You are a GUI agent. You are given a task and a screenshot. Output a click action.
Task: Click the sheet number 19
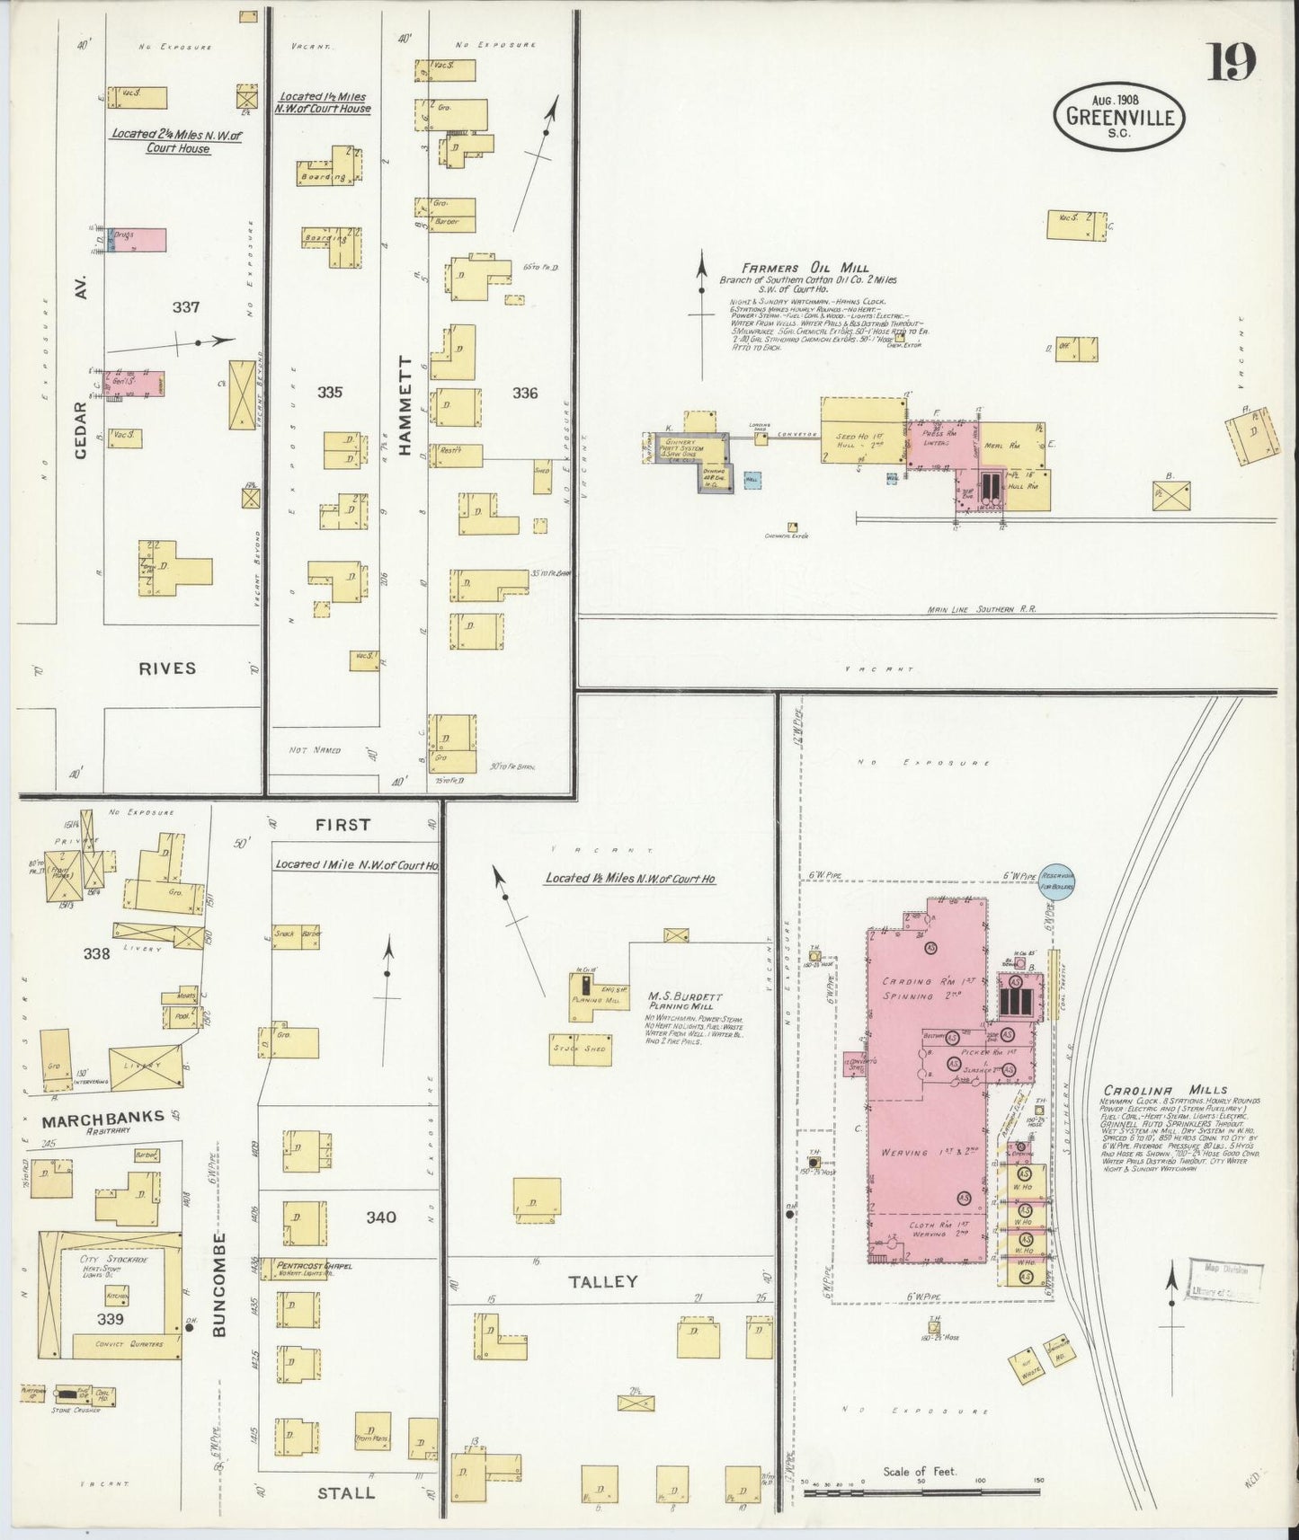click(x=1231, y=63)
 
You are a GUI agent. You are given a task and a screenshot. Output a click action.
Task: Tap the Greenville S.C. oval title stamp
click(x=1118, y=116)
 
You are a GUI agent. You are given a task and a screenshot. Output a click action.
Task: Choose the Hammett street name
click(x=405, y=406)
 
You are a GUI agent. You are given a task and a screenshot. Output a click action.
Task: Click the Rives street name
click(x=167, y=668)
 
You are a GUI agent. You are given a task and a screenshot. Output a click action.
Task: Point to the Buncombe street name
click(x=220, y=1285)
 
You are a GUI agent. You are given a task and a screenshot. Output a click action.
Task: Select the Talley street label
click(x=603, y=1281)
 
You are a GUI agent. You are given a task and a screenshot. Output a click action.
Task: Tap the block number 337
click(x=186, y=307)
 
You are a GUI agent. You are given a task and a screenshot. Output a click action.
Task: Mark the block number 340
click(x=381, y=1217)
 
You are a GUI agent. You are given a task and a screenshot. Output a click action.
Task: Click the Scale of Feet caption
click(x=919, y=1472)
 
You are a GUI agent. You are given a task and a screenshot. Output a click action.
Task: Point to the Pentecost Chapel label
click(x=314, y=1266)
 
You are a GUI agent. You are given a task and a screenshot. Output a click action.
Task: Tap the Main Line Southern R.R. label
click(x=982, y=609)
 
